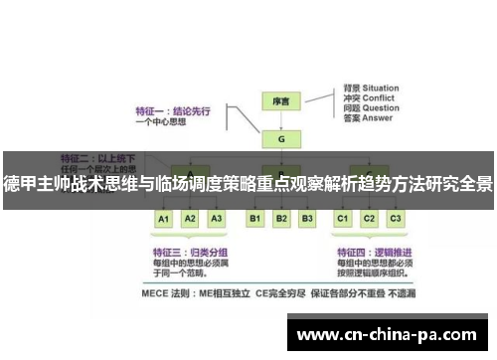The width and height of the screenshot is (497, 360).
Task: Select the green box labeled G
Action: (281, 138)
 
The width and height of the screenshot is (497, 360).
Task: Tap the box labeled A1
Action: (165, 218)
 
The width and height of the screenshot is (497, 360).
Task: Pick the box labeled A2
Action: (191, 218)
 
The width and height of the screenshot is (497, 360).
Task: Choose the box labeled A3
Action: (217, 218)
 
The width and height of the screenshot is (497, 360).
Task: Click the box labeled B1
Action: (255, 218)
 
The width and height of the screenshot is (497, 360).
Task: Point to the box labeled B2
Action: (281, 218)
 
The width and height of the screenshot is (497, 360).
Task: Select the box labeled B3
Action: (307, 218)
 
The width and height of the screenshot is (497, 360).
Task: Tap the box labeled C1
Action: (343, 218)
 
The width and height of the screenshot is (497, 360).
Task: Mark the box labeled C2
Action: (369, 218)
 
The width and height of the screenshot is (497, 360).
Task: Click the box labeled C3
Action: (395, 218)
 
